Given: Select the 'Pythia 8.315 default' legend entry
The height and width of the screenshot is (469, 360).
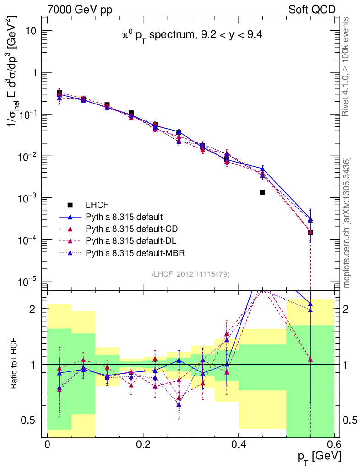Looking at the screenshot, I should tap(124, 217).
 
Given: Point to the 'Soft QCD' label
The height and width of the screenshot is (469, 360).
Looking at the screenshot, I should tap(312, 10).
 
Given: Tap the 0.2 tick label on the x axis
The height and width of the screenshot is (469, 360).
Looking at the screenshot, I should tap(143, 444).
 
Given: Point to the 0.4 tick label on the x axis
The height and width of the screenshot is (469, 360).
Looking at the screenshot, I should tap(239, 444).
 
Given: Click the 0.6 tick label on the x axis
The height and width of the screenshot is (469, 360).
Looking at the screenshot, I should tap(334, 444).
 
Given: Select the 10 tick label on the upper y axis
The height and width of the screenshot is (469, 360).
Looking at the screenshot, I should tap(32, 31).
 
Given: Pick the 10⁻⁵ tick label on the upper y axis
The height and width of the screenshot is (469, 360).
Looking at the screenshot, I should tap(29, 281).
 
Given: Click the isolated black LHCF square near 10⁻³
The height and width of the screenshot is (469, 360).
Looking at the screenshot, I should tap(262, 192).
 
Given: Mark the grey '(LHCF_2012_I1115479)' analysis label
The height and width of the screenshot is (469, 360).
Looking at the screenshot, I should tap(191, 274).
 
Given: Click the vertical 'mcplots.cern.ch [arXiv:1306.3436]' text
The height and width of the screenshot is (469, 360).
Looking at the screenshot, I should tap(347, 223).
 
